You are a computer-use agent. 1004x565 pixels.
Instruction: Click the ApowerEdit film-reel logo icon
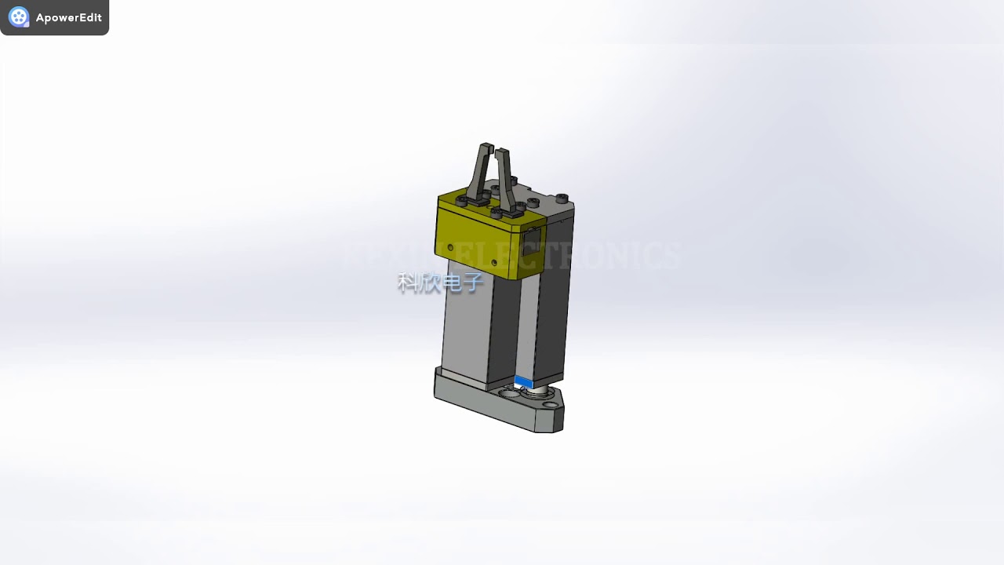(18, 17)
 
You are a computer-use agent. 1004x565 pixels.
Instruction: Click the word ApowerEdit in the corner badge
(68, 17)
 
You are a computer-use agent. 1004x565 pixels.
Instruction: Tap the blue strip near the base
(523, 382)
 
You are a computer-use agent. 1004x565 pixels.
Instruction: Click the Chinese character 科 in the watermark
(408, 282)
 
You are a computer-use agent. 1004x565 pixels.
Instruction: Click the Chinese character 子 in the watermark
(472, 282)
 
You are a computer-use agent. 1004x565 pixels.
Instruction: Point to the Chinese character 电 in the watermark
(451, 282)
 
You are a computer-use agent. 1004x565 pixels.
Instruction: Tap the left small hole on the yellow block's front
(451, 248)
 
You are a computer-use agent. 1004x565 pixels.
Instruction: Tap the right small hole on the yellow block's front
(494, 261)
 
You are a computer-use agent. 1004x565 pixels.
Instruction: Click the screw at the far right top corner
(562, 198)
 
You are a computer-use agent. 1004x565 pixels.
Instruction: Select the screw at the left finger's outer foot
(462, 202)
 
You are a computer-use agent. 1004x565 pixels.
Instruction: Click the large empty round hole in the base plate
(511, 392)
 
